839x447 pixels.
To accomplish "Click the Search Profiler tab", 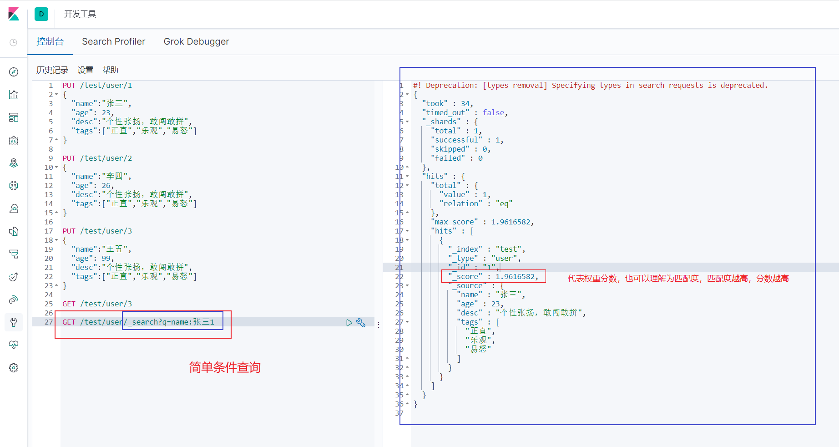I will (113, 41).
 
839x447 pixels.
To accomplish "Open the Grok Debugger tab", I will (196, 41).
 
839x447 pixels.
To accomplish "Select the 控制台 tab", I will (50, 41).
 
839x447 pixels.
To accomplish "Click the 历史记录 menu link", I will (52, 70).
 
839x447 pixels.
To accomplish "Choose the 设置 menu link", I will (85, 70).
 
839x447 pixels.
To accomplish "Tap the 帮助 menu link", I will (110, 70).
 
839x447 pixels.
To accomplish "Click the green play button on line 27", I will (349, 322).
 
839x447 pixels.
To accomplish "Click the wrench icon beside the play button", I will (361, 322).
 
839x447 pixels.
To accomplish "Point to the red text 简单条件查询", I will (225, 367).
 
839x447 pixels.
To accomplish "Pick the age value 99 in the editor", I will (106, 258).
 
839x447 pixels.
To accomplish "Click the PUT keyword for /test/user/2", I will (69, 158).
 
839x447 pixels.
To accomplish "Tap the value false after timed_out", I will (493, 112).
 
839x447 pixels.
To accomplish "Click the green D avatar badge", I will (41, 14).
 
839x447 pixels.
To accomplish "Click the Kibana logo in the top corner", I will (14, 14).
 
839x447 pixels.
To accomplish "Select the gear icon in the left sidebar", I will (14, 368).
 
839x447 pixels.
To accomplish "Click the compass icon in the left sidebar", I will (14, 72).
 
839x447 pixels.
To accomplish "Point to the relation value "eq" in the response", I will (504, 203).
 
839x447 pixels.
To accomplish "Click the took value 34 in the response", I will (465, 103).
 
